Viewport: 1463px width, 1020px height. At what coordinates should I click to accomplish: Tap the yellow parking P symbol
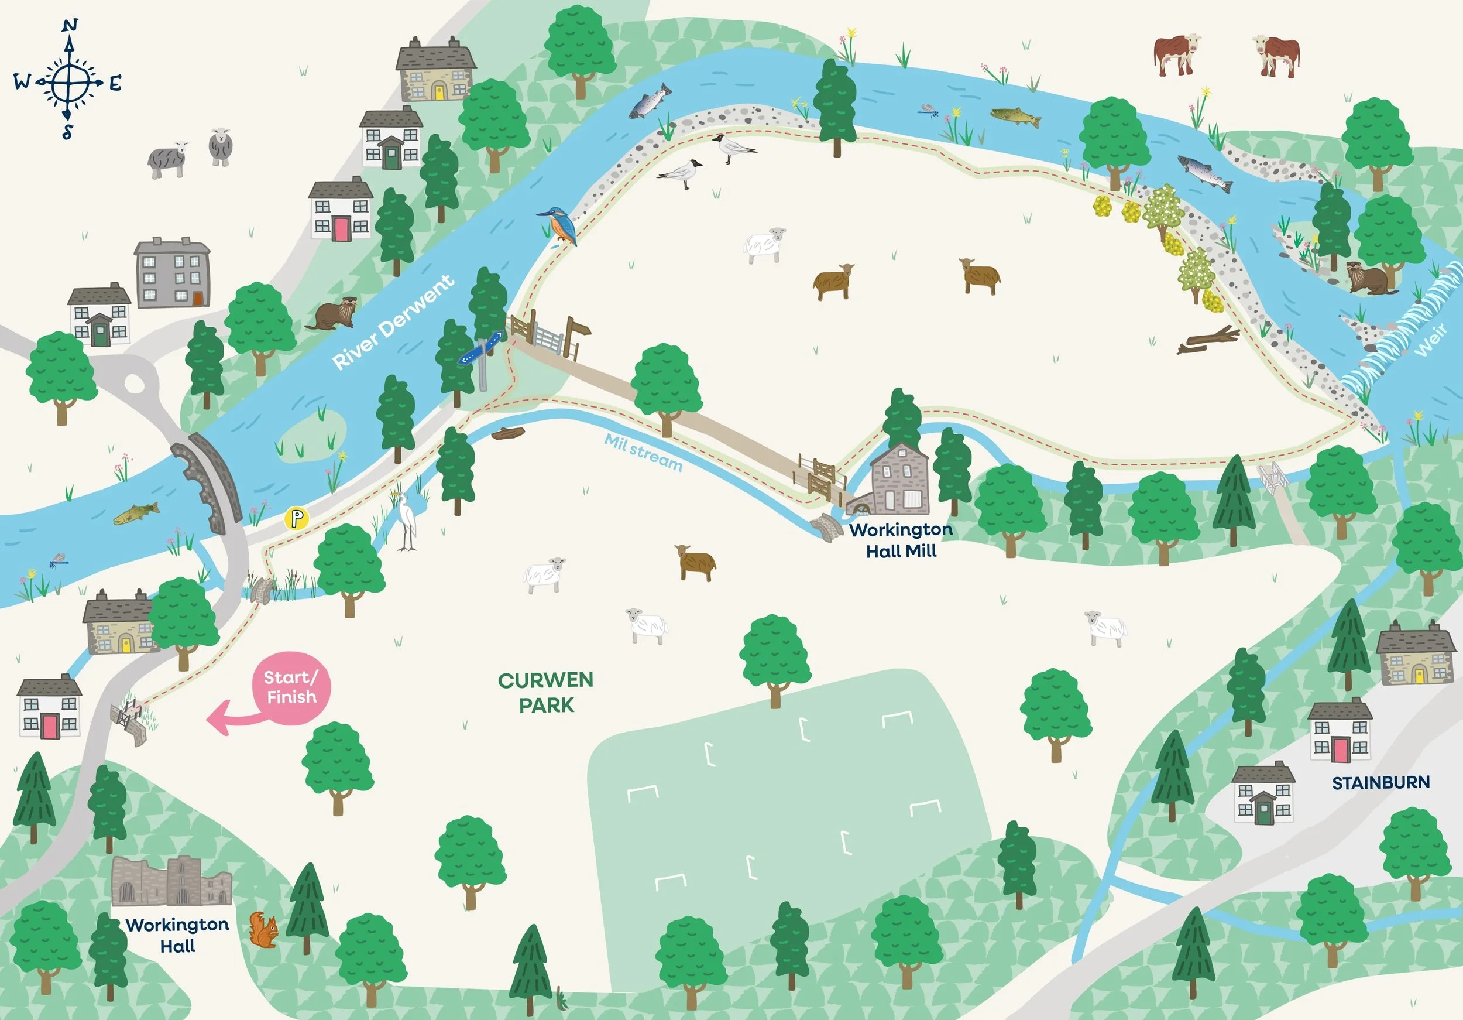point(296,518)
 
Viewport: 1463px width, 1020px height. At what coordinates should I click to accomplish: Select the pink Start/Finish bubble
point(291,688)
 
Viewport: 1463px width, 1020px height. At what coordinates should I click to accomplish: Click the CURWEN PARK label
point(545,692)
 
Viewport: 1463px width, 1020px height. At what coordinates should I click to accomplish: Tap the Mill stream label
point(643,452)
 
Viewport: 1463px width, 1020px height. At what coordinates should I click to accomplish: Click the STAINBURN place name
point(1380,782)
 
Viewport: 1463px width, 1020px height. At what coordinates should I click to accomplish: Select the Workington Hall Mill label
point(901,540)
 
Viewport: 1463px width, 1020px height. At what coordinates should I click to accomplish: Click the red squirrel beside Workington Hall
point(264,930)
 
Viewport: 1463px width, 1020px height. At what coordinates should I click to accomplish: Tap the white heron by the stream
point(407,522)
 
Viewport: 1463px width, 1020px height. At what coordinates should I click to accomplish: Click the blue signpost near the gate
point(481,351)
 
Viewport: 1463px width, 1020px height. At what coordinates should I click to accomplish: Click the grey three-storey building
point(171,273)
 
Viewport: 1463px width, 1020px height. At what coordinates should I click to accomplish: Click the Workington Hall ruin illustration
point(171,882)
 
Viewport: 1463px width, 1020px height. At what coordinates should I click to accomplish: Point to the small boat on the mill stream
point(508,433)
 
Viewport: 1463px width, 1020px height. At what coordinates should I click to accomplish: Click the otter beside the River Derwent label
point(331,314)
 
